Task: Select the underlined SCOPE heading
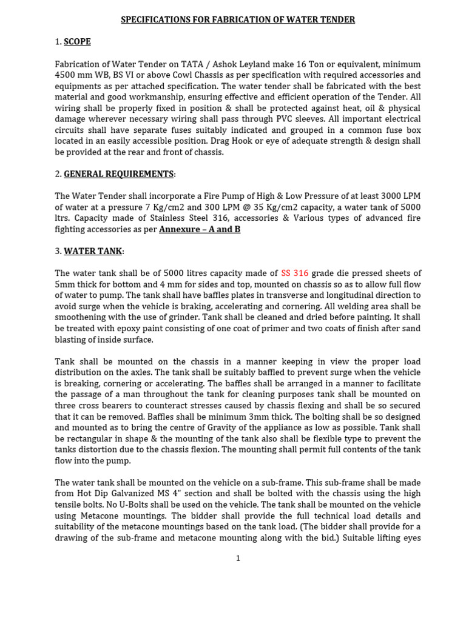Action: (77, 42)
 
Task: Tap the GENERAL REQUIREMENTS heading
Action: (118, 174)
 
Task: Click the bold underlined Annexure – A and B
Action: (200, 229)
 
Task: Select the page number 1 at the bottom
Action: (238, 558)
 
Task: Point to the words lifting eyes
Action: (396, 537)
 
